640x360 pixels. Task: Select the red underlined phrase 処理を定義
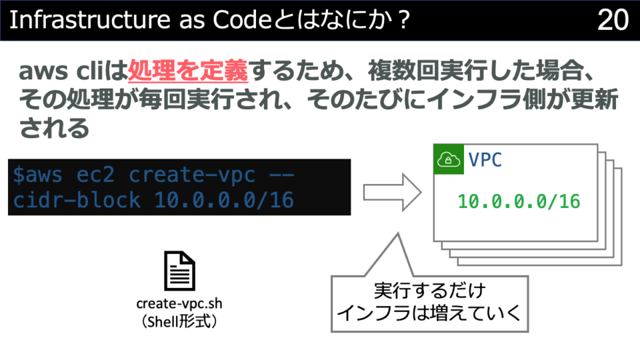188,71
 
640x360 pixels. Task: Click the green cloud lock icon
449,159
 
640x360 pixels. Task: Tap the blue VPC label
485,159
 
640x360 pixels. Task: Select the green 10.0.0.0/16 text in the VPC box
519,201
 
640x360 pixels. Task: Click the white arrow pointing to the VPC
392,192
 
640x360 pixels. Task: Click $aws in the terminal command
37,175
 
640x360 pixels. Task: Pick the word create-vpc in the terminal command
192,175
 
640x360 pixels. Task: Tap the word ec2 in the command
95,175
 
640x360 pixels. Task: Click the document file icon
179,271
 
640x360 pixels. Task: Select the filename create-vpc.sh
179,304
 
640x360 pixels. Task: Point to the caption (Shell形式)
179,321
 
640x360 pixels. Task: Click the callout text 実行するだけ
429,291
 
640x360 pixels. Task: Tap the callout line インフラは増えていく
429,313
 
